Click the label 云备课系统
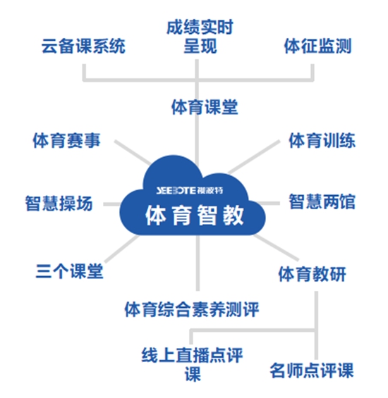(x=84, y=46)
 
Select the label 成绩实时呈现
(x=200, y=37)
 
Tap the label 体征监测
(x=318, y=46)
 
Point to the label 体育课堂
(x=205, y=107)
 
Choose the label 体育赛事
(x=66, y=140)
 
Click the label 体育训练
(x=322, y=140)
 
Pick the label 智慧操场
(x=59, y=204)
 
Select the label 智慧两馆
(x=322, y=201)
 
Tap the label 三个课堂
(x=69, y=271)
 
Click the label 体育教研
(x=313, y=274)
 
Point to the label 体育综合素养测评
(x=192, y=309)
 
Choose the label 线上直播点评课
(x=192, y=364)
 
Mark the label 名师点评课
(x=312, y=371)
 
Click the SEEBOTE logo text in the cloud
(x=190, y=190)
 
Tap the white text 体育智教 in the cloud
(x=195, y=216)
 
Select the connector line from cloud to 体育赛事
(x=133, y=152)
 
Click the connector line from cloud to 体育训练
(x=254, y=156)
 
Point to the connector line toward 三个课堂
(x=122, y=248)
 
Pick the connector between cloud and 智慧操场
(x=112, y=204)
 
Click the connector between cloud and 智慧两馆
(x=268, y=204)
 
